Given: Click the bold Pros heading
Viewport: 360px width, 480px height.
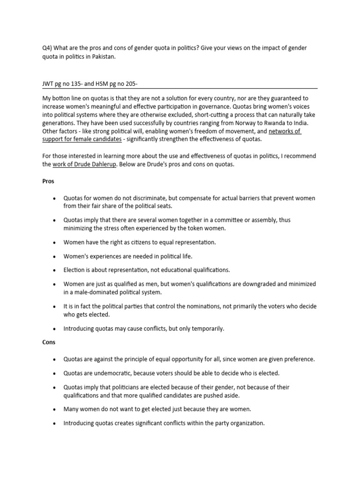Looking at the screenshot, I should (x=49, y=181).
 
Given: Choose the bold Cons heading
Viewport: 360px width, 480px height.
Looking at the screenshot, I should (x=49, y=342).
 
